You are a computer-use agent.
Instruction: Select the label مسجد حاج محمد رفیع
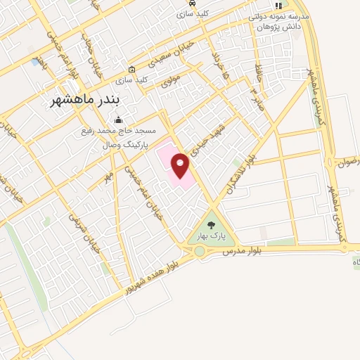pos(118,131)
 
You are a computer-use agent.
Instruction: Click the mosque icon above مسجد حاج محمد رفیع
pos(118,120)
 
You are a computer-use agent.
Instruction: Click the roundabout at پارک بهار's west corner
pos(200,250)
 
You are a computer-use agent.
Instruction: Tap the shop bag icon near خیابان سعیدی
pos(131,69)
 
